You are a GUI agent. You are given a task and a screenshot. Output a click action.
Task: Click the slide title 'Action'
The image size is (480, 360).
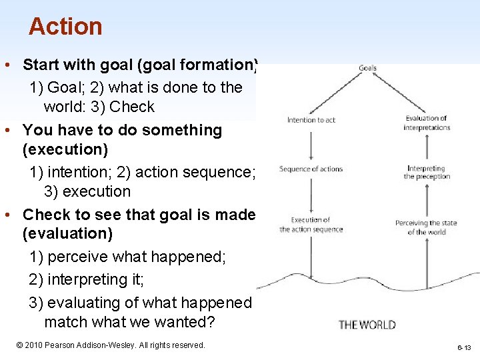[x=65, y=27]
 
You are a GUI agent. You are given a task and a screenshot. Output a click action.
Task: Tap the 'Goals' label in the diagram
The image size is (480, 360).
[x=368, y=68]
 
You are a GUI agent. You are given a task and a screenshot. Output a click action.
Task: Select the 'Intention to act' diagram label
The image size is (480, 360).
[x=311, y=120]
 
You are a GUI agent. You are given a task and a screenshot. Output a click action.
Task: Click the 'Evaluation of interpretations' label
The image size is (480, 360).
[x=427, y=123]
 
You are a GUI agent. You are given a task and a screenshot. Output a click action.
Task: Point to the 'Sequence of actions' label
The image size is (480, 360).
[x=311, y=169]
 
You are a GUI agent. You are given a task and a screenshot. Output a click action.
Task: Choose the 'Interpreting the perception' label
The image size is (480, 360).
[x=427, y=173]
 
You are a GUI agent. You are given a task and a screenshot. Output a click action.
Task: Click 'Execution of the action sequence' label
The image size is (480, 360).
[x=311, y=225]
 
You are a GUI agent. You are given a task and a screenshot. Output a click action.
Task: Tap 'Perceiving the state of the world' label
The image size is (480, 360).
[x=427, y=227]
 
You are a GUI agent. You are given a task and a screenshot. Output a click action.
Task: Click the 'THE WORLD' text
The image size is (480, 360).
[x=367, y=325]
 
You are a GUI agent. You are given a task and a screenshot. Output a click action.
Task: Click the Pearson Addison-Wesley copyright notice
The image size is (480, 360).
[x=110, y=345]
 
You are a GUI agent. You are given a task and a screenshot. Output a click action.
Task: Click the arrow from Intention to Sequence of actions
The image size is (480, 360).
[x=311, y=144]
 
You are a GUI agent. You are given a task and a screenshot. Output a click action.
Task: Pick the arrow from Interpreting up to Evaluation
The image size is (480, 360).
[x=427, y=148]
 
